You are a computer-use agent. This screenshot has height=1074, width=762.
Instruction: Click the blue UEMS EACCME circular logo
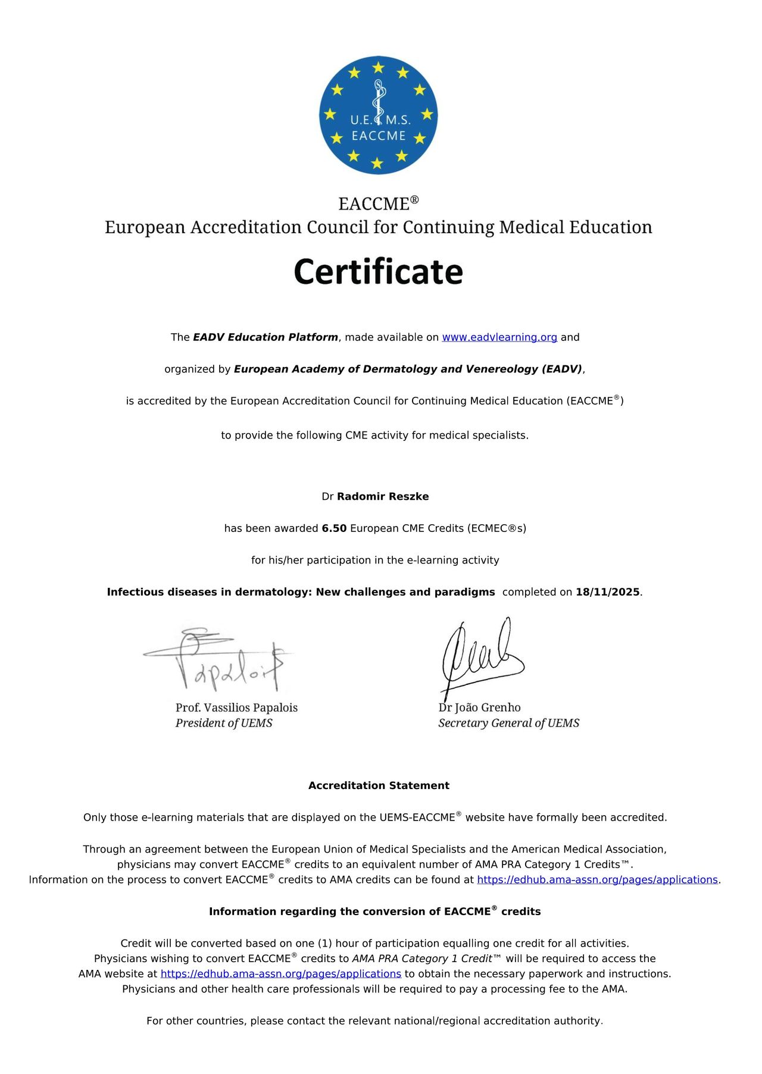click(x=378, y=115)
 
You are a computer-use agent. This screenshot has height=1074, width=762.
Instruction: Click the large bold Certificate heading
click(x=378, y=272)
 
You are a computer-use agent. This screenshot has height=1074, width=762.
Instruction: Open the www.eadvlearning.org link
click(x=499, y=337)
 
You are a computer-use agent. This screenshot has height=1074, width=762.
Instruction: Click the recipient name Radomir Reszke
click(x=383, y=496)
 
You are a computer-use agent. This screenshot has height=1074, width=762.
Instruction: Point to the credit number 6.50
click(x=334, y=528)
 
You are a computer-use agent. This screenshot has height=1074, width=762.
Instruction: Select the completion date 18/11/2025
click(x=607, y=592)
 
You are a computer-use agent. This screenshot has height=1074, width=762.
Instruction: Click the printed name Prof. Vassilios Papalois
click(x=236, y=707)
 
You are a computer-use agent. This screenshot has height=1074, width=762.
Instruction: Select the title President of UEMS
click(x=224, y=723)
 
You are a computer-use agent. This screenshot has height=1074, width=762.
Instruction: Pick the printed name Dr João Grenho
click(x=479, y=707)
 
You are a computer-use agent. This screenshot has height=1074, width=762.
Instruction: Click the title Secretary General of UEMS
click(x=508, y=723)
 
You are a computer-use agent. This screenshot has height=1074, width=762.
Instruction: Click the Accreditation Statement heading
click(x=379, y=785)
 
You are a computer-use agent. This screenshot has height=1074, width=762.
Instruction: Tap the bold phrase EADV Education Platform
click(x=266, y=337)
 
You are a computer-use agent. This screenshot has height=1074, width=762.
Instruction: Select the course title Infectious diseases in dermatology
click(x=301, y=592)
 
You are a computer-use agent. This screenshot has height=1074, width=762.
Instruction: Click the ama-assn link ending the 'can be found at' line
click(x=597, y=879)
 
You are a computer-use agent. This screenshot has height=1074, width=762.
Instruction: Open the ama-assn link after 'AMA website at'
click(x=280, y=973)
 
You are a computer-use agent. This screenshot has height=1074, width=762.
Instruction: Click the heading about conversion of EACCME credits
click(x=374, y=912)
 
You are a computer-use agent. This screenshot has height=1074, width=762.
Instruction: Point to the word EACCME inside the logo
click(x=378, y=136)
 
